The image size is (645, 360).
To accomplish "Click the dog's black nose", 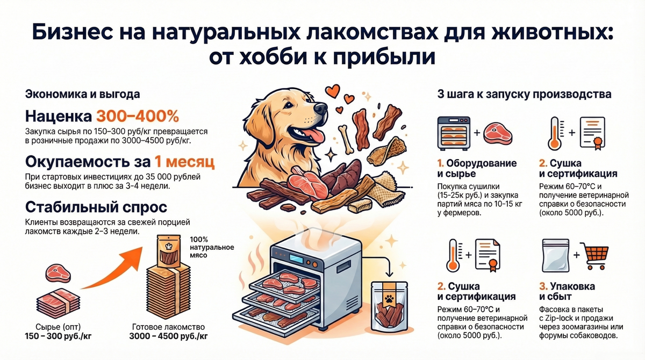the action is click(x=320, y=109).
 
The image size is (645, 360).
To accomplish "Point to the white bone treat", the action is click(x=345, y=139).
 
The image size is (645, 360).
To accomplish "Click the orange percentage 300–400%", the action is click(x=138, y=116).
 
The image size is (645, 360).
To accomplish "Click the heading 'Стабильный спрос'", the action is click(x=96, y=207).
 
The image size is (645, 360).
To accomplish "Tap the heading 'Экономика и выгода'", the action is click(x=83, y=94).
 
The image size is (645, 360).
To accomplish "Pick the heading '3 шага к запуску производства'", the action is click(x=524, y=94).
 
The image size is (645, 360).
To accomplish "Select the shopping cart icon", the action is click(x=594, y=256).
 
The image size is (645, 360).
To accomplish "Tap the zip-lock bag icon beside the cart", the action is click(x=555, y=256).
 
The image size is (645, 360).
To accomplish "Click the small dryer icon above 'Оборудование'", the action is click(x=454, y=133).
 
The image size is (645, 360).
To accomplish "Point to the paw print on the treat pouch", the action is click(x=389, y=299).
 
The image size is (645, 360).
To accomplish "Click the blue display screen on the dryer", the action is click(x=297, y=258).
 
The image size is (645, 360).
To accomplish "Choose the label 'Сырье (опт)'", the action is click(x=58, y=327).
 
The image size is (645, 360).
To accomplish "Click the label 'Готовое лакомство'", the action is click(x=168, y=327).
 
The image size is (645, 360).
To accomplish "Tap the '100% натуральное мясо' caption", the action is click(x=212, y=247).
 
